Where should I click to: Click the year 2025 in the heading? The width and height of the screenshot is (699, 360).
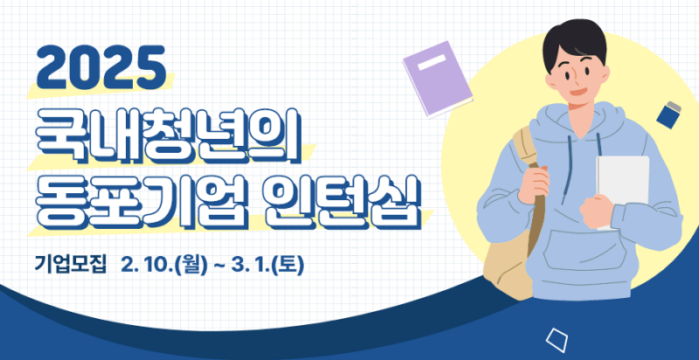click(101, 67)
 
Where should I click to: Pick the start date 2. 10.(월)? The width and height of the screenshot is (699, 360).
click(164, 265)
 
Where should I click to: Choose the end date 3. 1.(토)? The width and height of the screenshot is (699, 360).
click(268, 265)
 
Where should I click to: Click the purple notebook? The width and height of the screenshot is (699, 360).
click(437, 80)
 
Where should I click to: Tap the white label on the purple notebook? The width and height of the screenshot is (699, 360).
click(433, 62)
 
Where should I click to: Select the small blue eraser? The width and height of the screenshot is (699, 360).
click(668, 115)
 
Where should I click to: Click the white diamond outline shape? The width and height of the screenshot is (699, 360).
click(557, 341)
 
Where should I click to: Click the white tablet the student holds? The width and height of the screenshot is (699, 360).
click(623, 187)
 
